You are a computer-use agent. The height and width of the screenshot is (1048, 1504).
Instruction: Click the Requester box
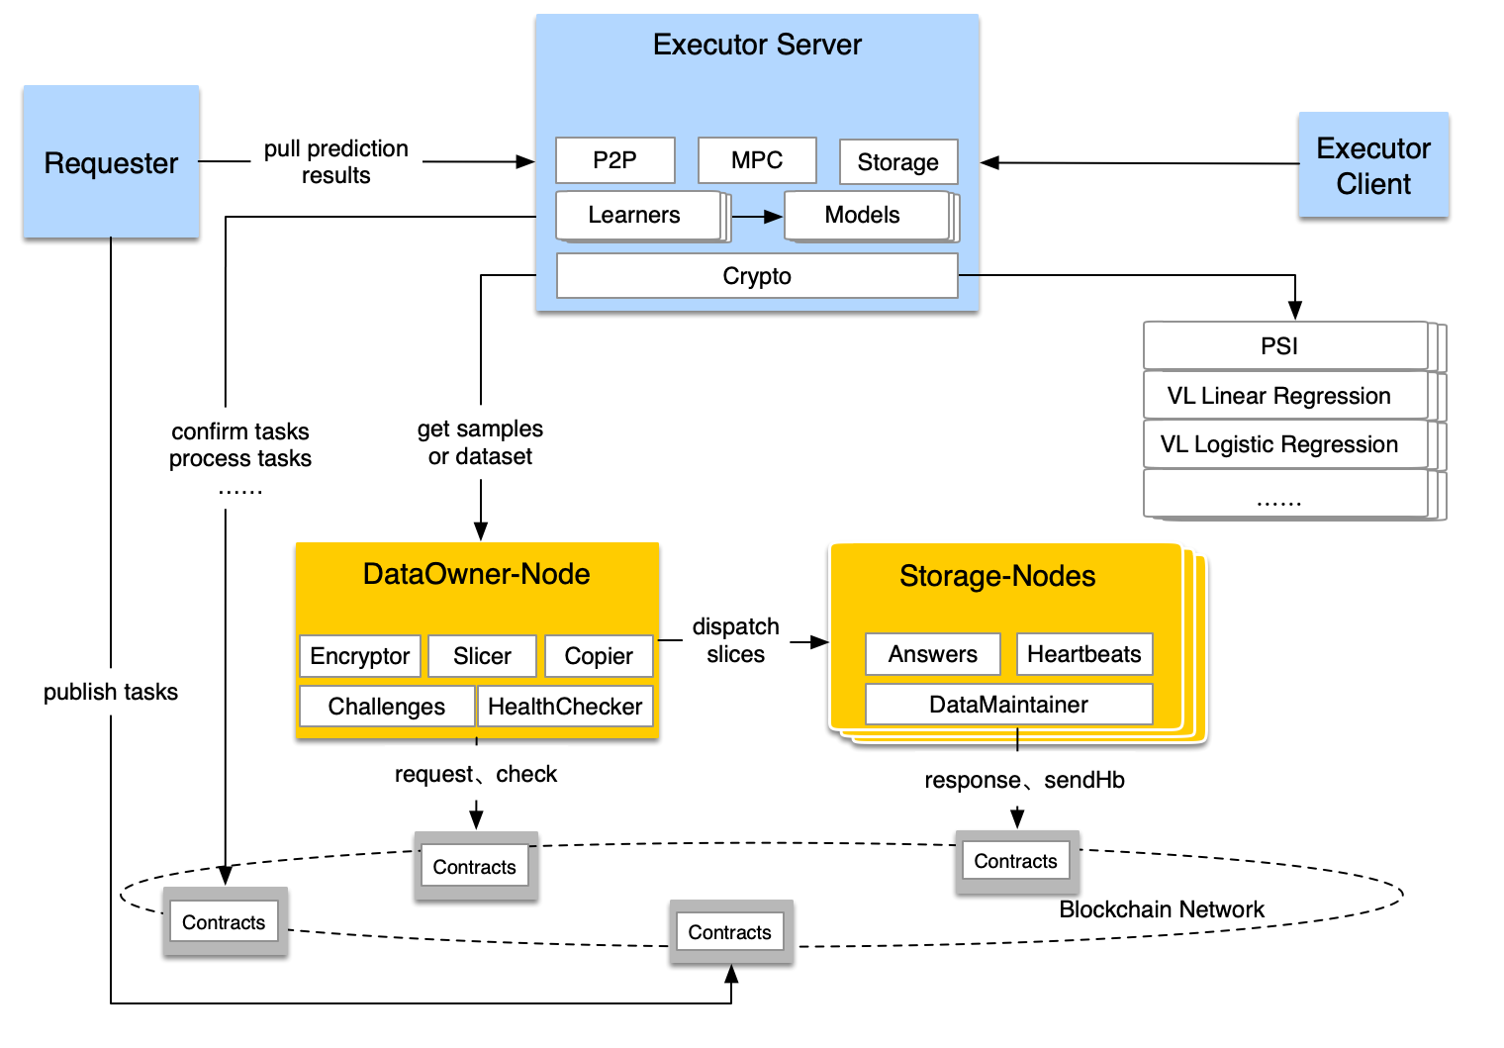(x=111, y=162)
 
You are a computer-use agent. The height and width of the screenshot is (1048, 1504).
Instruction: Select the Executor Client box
(x=1373, y=165)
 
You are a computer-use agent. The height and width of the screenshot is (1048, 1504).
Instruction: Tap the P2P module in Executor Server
(x=614, y=160)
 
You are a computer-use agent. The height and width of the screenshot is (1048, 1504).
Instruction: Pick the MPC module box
(x=757, y=160)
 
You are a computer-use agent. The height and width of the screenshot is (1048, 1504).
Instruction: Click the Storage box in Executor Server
(x=897, y=162)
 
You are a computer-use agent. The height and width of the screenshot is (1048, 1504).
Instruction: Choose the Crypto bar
(x=757, y=276)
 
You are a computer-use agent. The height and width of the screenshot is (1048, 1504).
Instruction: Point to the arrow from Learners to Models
(x=758, y=217)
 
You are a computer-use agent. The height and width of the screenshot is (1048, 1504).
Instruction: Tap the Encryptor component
(x=360, y=656)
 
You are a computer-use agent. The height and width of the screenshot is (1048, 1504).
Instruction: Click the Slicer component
(x=482, y=656)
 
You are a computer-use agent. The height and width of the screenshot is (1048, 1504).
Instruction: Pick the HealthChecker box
(x=565, y=707)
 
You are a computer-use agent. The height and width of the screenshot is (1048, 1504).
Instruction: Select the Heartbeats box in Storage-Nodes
(x=1083, y=654)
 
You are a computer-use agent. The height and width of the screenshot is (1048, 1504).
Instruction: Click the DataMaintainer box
(x=1008, y=705)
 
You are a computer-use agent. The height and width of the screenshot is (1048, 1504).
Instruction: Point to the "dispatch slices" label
(x=735, y=640)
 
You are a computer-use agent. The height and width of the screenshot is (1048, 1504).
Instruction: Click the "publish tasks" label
(x=111, y=692)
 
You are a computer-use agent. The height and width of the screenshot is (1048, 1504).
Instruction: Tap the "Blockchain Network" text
(x=1162, y=909)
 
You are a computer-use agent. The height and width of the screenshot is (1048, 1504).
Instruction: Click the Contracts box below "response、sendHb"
(x=1015, y=861)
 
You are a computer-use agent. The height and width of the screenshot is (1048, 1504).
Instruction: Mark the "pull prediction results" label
(x=336, y=162)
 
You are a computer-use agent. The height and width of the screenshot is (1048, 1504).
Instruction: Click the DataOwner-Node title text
(x=476, y=574)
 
